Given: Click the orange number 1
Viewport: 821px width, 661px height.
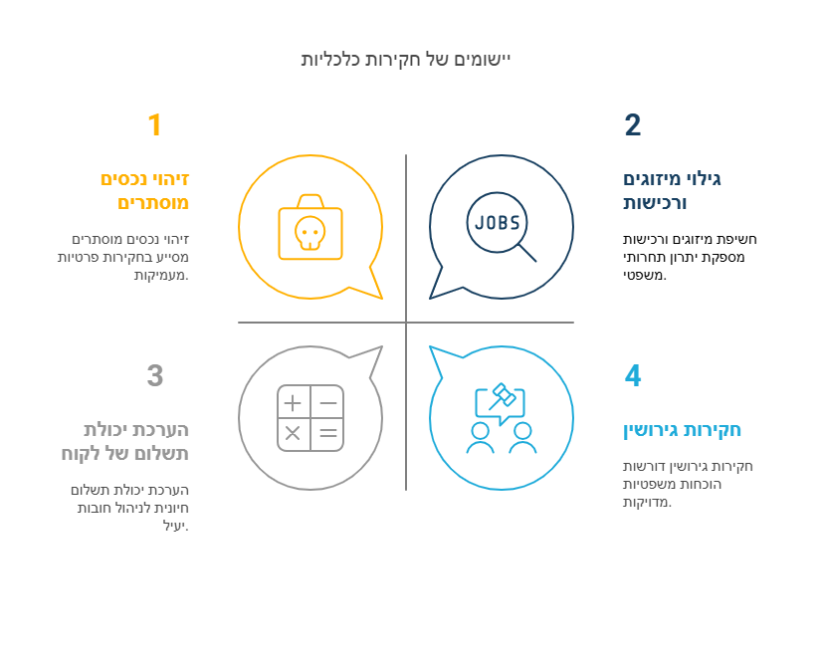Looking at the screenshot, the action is [154, 125].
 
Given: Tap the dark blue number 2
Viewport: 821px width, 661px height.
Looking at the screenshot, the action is [633, 125].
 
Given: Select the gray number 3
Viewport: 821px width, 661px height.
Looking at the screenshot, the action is [155, 375].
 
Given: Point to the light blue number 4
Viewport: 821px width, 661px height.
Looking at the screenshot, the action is [633, 375].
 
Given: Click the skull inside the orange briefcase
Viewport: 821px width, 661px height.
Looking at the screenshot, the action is [309, 233].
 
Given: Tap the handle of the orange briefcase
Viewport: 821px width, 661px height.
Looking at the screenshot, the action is [310, 201].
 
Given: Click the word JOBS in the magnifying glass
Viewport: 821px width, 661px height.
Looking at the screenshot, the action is [497, 223].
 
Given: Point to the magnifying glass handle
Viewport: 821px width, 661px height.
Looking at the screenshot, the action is [527, 253].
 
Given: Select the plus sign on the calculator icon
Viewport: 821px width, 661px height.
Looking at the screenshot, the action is [293, 403].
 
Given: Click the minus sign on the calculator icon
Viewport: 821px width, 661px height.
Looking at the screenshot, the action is [328, 403].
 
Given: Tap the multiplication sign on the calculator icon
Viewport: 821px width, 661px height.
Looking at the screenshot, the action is [293, 433].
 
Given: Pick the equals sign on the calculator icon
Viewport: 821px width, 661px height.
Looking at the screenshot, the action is [328, 433].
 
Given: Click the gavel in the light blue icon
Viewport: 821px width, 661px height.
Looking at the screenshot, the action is [503, 396].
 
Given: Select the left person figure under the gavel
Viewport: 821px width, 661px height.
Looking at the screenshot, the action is [480, 437].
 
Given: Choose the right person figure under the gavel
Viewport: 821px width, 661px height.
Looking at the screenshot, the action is [522, 437].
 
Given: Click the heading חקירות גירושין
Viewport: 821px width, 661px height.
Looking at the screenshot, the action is [682, 430].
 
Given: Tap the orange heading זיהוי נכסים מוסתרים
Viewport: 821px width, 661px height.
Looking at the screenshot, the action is [144, 191].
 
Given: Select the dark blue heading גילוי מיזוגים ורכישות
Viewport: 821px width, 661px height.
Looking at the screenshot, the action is [672, 191].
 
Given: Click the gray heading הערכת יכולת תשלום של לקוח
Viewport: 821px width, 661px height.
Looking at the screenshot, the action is [125, 442].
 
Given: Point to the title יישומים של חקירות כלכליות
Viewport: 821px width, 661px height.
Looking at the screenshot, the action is [406, 59].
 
